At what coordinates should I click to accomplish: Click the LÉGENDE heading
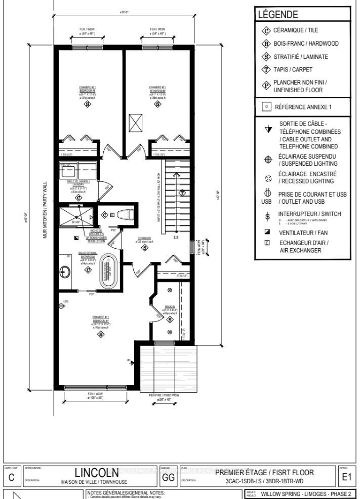coord(278,15)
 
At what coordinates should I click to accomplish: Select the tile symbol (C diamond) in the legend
coord(265,31)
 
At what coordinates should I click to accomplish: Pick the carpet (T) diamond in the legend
coord(265,69)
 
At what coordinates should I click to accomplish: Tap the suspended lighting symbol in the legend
coord(268,160)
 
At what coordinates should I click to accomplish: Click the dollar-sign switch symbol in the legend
coord(268,216)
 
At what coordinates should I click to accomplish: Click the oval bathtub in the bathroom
coord(108,272)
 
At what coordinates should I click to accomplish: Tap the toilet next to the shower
coord(124,215)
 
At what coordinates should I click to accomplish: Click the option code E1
coord(346,476)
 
